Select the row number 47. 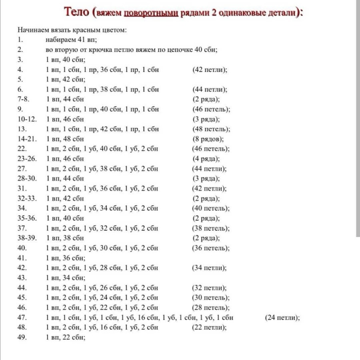[22, 318]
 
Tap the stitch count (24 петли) [282, 318]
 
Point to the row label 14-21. [28, 139]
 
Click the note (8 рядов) [208, 139]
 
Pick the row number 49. [22, 337]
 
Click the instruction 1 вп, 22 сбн [66, 337]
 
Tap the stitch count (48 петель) [211, 129]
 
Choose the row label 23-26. [28, 159]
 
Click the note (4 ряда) [206, 159]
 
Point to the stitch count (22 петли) [210, 327]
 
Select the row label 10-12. [28, 119]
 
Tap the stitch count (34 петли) [210, 268]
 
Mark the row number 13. [22, 129]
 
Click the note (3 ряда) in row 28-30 [206, 178]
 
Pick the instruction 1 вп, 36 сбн [66, 258]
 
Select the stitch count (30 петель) [211, 298]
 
